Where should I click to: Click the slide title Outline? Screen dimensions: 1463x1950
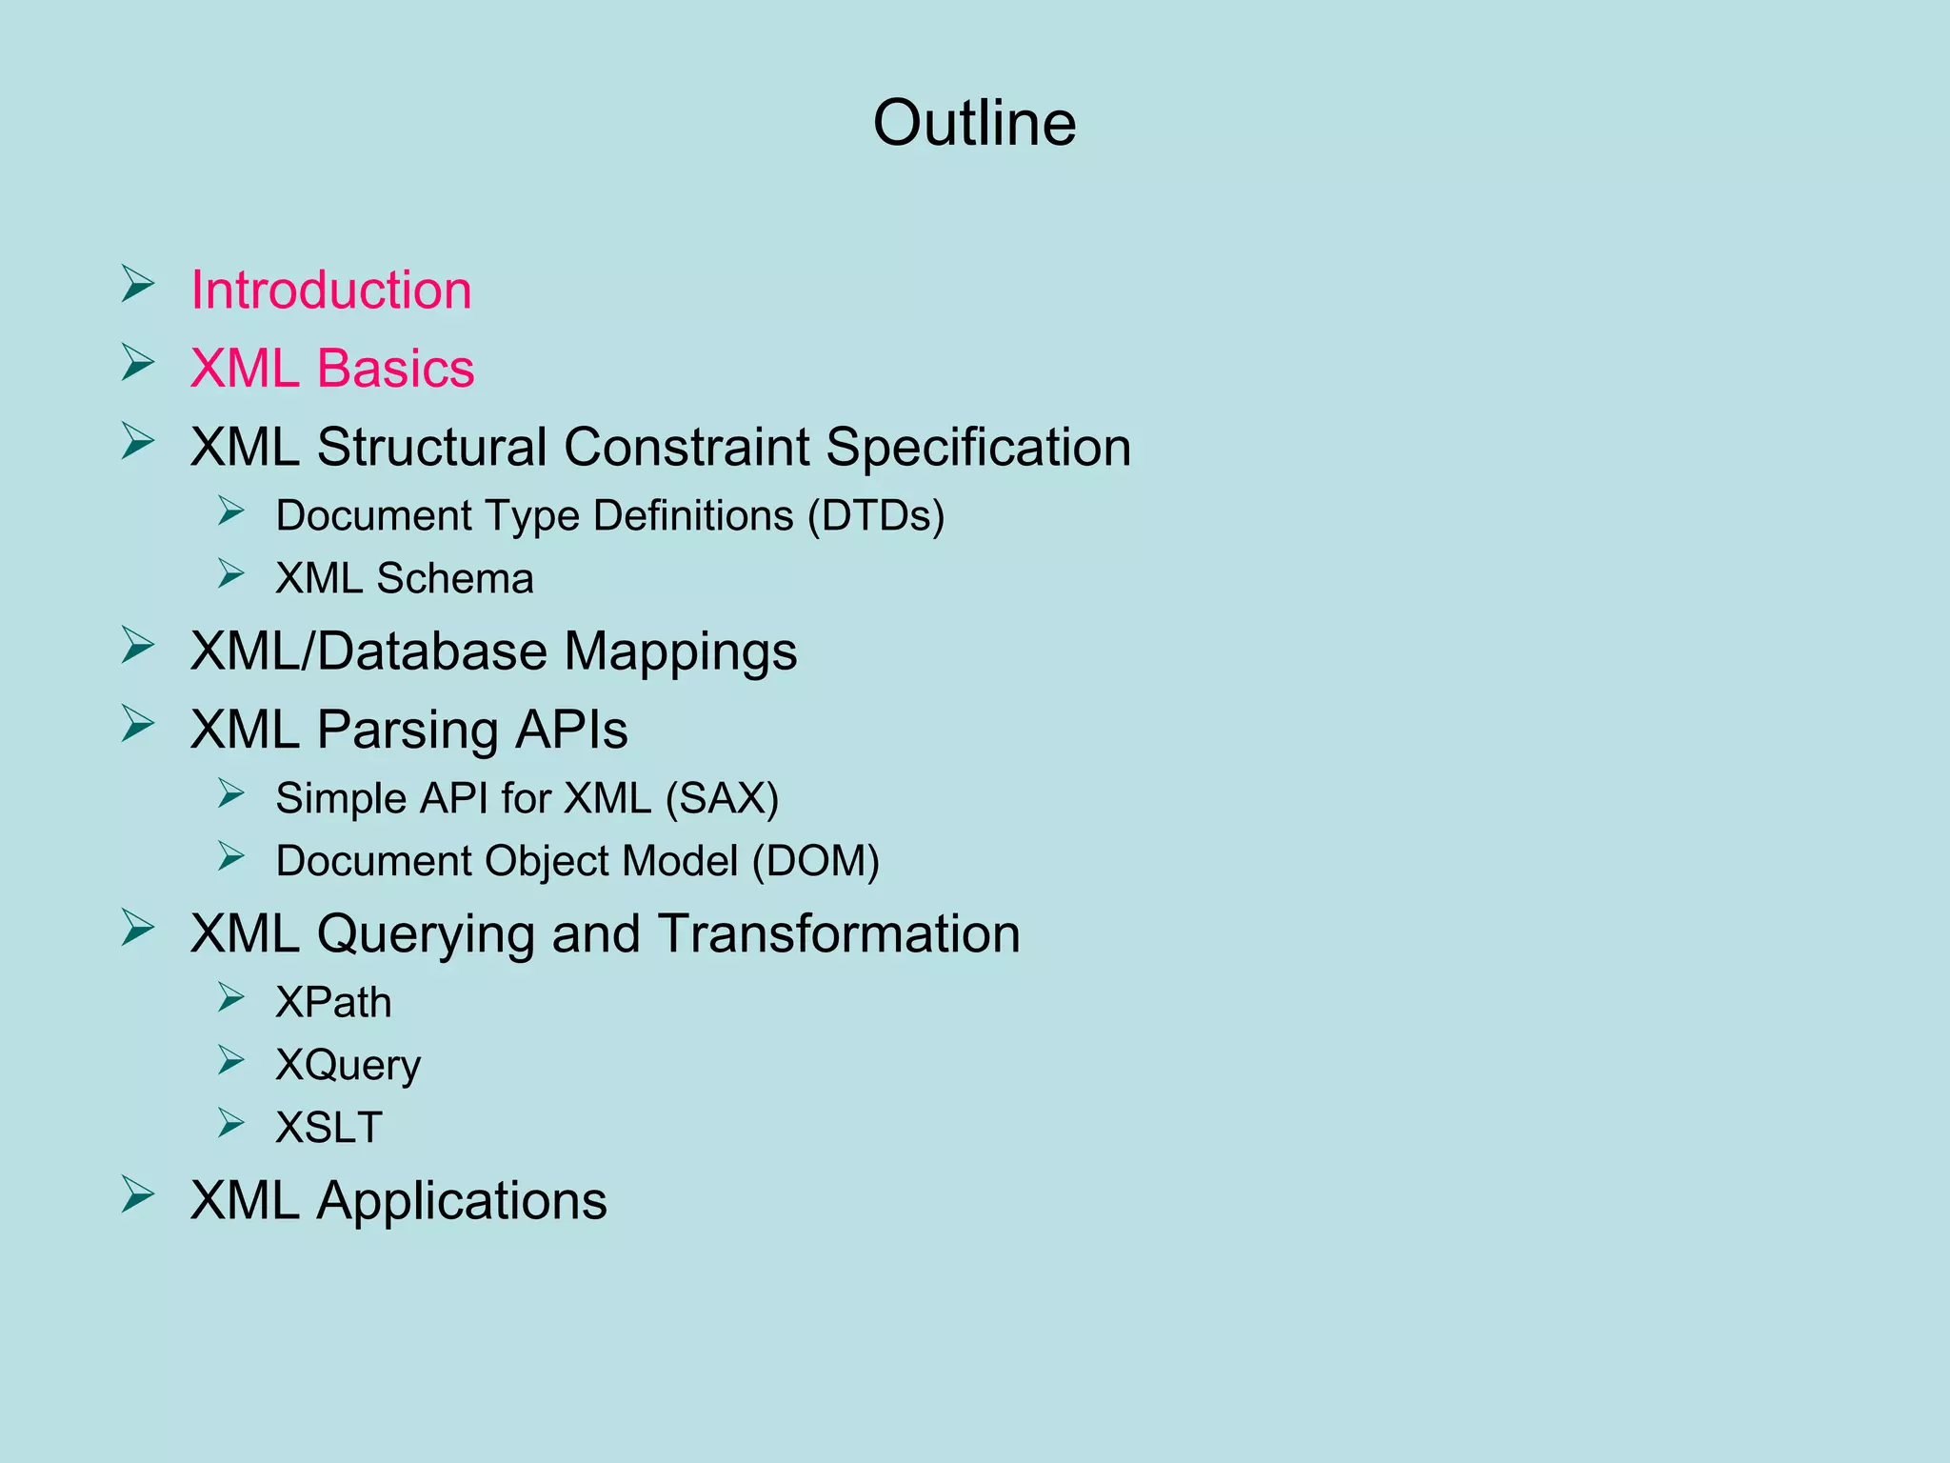pyautogui.click(x=974, y=124)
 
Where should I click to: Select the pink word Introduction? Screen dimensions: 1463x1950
pyautogui.click(x=331, y=290)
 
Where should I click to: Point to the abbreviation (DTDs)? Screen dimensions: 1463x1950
pyautogui.click(x=876, y=516)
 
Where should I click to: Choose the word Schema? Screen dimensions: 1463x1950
pyautogui.click(x=455, y=579)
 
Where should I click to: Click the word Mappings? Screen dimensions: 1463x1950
pyautogui.click(x=680, y=653)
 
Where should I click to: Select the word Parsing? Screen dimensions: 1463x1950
pyautogui.click(x=408, y=731)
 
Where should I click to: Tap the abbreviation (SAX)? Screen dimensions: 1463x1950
pyautogui.click(x=722, y=798)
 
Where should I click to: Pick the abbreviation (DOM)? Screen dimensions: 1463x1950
pyautogui.click(x=815, y=861)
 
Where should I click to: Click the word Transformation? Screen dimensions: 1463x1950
pyautogui.click(x=838, y=933)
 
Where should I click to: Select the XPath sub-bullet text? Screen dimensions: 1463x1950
pyautogui.click(x=333, y=1002)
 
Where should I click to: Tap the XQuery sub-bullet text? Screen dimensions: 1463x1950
pyautogui.click(x=348, y=1066)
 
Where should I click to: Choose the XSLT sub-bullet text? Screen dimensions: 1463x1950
pyautogui.click(x=328, y=1128)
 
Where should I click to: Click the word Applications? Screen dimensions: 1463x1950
pyautogui.click(x=462, y=1201)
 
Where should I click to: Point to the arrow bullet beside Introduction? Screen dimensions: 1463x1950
pyautogui.click(x=138, y=285)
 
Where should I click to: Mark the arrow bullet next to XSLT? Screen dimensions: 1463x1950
pyautogui.click(x=231, y=1123)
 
